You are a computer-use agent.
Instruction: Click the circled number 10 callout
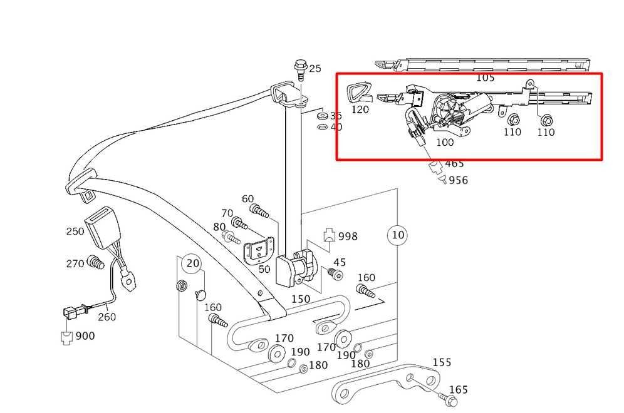coord(398,235)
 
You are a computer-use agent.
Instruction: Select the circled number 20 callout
coord(192,263)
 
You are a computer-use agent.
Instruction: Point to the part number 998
coord(348,237)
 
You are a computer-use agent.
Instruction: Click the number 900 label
coord(85,336)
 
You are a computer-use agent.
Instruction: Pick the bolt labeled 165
coord(447,399)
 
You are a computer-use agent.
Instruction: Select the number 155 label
coord(442,362)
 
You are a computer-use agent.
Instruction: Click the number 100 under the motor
coord(445,142)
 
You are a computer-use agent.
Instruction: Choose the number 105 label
coord(485,78)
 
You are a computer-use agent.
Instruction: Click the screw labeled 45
coord(335,274)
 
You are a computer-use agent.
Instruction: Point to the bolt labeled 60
coord(259,211)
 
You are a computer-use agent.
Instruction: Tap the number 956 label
coord(459,180)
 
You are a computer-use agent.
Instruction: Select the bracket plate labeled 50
coord(258,250)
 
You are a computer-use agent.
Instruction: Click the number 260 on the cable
coord(107,317)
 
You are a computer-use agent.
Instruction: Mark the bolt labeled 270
coord(95,262)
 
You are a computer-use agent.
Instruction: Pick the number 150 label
coord(301,299)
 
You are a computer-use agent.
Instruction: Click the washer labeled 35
coord(323,116)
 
